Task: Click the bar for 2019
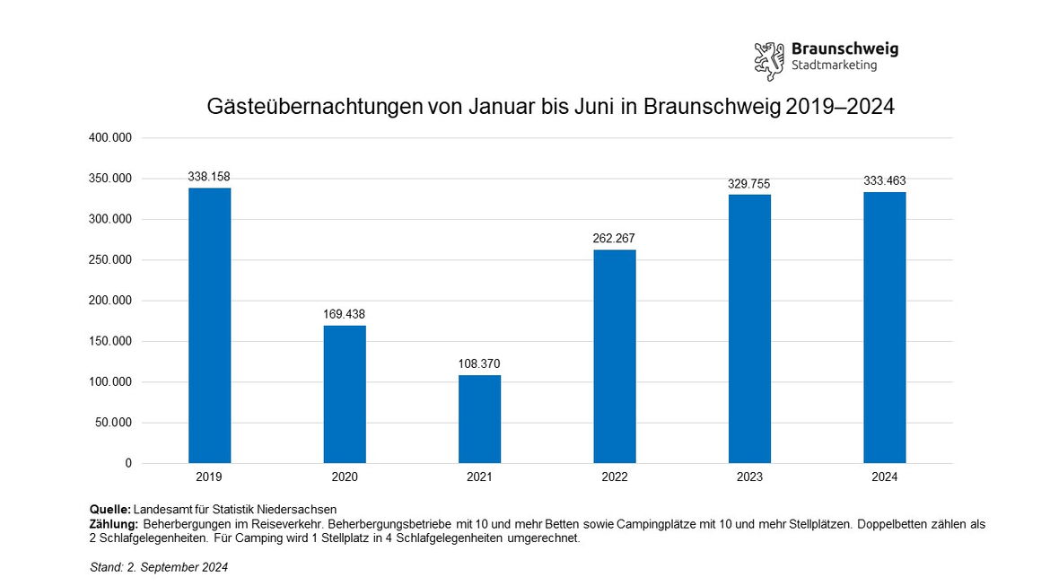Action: click(x=209, y=325)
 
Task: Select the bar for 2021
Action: click(x=479, y=419)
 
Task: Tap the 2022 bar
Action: click(x=615, y=356)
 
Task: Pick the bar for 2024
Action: click(x=885, y=328)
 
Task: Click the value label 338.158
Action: click(x=209, y=177)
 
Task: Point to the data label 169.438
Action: click(x=345, y=314)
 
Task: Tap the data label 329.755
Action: click(x=749, y=184)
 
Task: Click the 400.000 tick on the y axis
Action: click(x=111, y=138)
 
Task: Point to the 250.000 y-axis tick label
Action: click(x=111, y=260)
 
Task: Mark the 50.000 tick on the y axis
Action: click(x=114, y=423)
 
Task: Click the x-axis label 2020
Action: click(x=345, y=477)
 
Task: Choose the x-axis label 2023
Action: click(x=749, y=477)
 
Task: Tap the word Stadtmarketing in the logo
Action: click(x=834, y=66)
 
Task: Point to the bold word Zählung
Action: click(x=113, y=524)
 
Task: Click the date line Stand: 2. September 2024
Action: click(x=159, y=567)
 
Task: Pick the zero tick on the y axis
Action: click(x=128, y=463)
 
